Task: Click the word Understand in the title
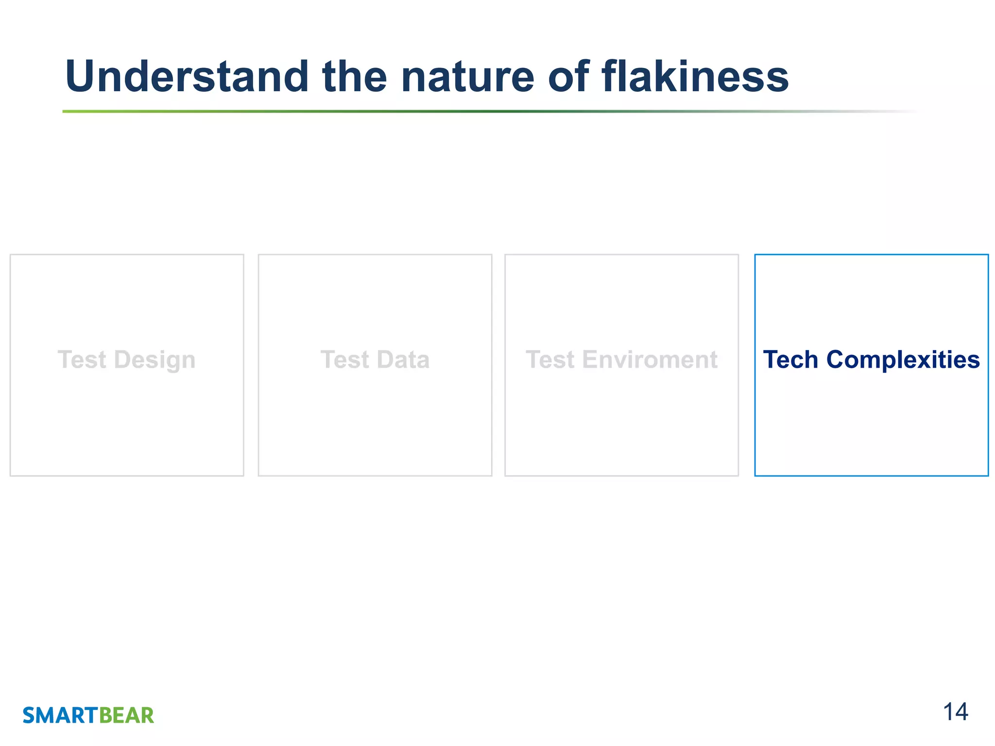coord(187,77)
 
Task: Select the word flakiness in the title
coord(695,77)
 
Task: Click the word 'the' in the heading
coord(354,77)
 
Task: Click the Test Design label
coord(126,360)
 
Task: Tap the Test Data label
coord(375,360)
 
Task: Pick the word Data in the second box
coord(403,360)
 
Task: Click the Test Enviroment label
coord(621,360)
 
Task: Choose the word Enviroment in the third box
coord(650,360)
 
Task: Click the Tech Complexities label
coord(871,360)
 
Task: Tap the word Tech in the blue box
coord(790,360)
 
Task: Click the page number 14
coord(955,712)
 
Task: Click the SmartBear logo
coord(88,715)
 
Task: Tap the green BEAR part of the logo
coord(126,715)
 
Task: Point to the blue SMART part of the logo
coord(60,715)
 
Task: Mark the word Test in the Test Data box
coord(345,360)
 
